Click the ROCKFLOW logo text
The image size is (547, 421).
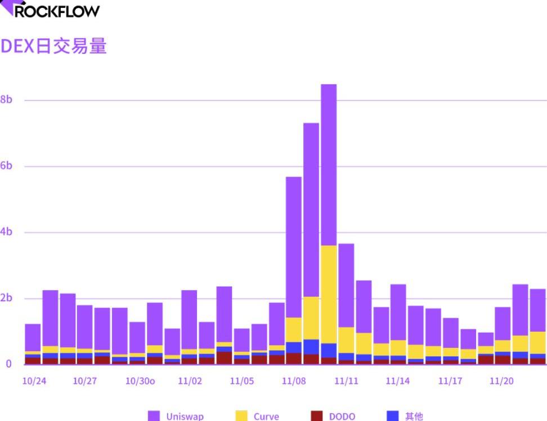pos(56,10)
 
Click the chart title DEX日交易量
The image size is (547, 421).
pos(53,46)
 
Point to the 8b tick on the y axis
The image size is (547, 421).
pos(7,100)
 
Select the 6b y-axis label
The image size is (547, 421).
pos(7,166)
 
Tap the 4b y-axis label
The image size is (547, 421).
pos(7,232)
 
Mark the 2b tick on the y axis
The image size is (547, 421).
pos(7,298)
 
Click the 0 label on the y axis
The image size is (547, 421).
pos(8,364)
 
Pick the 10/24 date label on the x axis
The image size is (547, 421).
pos(34,381)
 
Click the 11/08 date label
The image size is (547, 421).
pos(294,381)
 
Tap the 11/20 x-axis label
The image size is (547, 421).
pos(501,381)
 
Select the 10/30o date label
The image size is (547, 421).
pos(140,381)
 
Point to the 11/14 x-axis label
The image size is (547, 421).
pos(398,381)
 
